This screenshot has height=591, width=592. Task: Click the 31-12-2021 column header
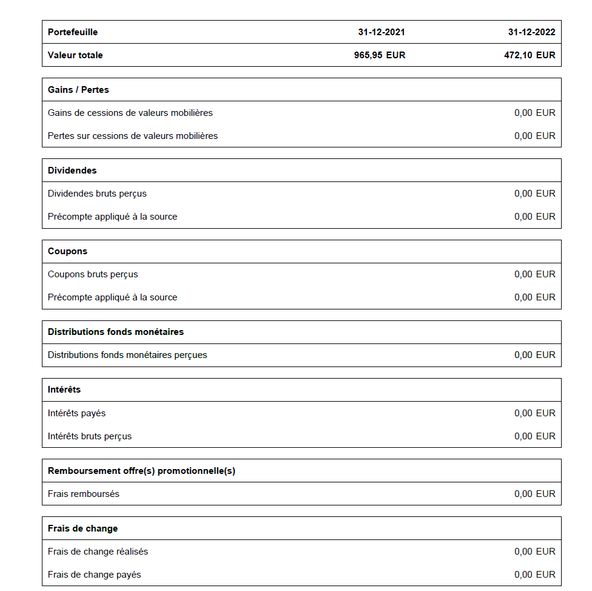click(381, 32)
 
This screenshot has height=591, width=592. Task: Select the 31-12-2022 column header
click(531, 32)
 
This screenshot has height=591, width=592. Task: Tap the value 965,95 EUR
click(380, 55)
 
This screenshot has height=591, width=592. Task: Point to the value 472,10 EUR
click(529, 55)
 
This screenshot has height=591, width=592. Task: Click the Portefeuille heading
click(73, 32)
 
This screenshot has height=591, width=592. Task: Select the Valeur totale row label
click(75, 55)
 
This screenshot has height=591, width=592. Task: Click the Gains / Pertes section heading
click(78, 90)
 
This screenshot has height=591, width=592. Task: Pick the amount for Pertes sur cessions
click(534, 136)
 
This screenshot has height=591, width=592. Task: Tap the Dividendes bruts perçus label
click(97, 194)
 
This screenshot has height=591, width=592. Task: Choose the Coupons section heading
click(67, 251)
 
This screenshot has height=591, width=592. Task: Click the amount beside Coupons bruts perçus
click(534, 274)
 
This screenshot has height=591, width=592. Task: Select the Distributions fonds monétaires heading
click(116, 332)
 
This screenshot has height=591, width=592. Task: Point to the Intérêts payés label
click(76, 413)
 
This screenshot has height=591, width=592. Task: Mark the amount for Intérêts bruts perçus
click(534, 436)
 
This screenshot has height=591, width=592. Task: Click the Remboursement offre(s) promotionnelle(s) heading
click(141, 471)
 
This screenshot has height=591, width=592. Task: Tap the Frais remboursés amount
click(534, 494)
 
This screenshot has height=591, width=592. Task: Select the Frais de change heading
click(82, 529)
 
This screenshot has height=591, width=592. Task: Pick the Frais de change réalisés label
click(98, 552)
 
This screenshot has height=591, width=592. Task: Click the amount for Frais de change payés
click(534, 575)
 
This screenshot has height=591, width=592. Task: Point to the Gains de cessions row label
click(130, 113)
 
